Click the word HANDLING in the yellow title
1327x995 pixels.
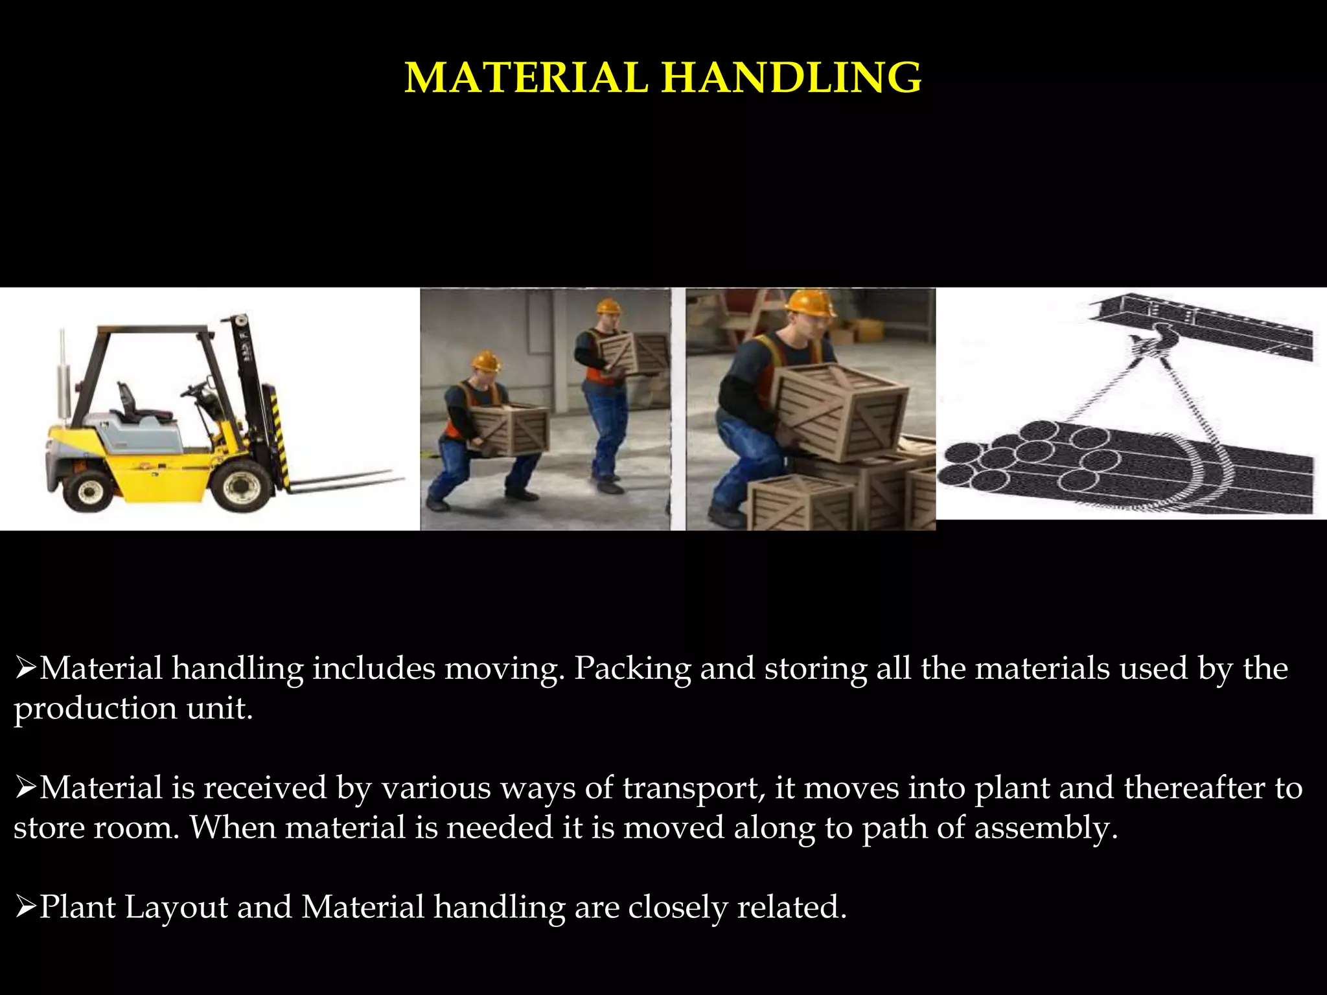(791, 78)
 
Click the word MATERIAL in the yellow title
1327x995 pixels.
(526, 78)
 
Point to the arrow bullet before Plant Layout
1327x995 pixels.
(25, 907)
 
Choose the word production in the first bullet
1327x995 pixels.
(95, 709)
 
